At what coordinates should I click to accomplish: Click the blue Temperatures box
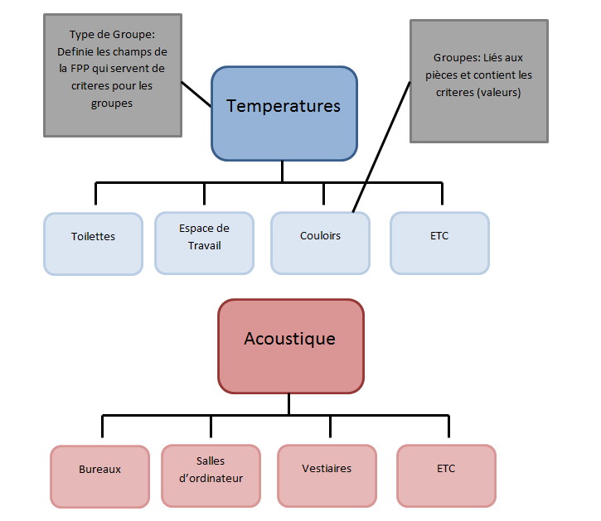(284, 113)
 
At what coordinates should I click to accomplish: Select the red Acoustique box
(290, 346)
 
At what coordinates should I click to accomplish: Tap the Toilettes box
(93, 243)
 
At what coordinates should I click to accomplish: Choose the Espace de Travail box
(204, 243)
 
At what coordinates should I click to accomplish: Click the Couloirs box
(320, 243)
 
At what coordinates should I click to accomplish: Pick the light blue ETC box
(439, 243)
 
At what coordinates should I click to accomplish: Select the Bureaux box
(99, 475)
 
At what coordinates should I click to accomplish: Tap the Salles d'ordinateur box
(211, 475)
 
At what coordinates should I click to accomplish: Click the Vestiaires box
(327, 475)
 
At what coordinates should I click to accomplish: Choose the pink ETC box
(446, 475)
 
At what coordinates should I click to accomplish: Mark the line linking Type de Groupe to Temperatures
(196, 94)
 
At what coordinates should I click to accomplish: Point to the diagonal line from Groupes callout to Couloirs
(383, 145)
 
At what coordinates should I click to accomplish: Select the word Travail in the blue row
(204, 245)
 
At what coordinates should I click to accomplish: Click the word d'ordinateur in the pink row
(211, 478)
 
